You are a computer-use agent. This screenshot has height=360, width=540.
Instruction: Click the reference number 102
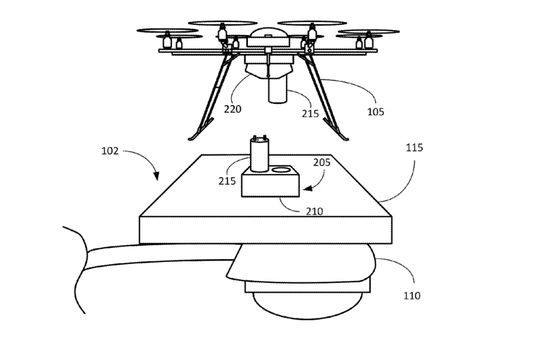110,151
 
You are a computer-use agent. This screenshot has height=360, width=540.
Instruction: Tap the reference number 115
414,147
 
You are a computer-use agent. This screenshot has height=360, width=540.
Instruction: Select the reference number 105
375,112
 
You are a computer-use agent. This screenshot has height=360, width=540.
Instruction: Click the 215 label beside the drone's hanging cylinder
310,113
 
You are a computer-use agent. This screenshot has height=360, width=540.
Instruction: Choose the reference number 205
322,162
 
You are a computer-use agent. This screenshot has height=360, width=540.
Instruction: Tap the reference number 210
314,211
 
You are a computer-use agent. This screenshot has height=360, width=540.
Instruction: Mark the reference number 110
412,296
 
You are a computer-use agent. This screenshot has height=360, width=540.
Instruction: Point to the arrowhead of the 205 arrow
305,190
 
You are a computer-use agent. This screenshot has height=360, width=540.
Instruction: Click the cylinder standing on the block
259,155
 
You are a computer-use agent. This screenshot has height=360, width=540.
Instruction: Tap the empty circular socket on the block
282,170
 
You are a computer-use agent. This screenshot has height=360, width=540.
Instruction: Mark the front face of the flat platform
268,230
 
